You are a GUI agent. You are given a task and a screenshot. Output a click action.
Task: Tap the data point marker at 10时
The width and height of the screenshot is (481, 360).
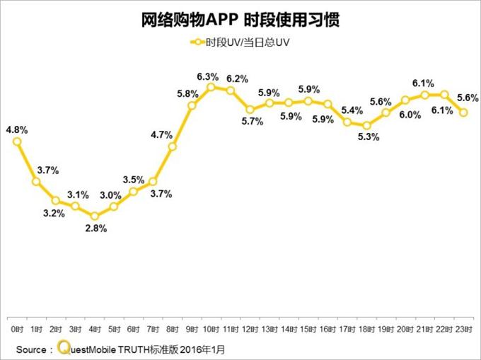pos(211,87)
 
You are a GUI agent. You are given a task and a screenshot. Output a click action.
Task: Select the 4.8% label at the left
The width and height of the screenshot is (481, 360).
pos(16,129)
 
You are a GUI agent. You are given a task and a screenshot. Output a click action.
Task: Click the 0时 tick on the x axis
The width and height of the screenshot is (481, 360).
pos(17,330)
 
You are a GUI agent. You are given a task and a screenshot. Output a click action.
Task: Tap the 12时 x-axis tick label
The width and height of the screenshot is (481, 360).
pos(250,330)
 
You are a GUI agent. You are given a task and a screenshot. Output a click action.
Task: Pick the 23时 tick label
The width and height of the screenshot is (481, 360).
pos(463,330)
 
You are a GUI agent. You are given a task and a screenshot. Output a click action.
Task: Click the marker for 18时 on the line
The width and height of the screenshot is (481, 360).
pos(366,126)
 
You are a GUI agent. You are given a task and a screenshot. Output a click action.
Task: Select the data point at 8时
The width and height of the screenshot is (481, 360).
pos(172,147)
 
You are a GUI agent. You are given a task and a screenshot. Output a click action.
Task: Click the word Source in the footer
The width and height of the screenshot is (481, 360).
pos(32,349)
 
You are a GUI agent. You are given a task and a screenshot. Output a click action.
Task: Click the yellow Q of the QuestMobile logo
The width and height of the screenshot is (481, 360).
pos(64,348)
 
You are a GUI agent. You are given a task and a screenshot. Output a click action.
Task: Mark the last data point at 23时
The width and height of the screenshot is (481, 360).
pos(463,112)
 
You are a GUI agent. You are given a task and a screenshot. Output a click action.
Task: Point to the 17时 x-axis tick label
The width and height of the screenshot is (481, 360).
pos(347,330)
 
